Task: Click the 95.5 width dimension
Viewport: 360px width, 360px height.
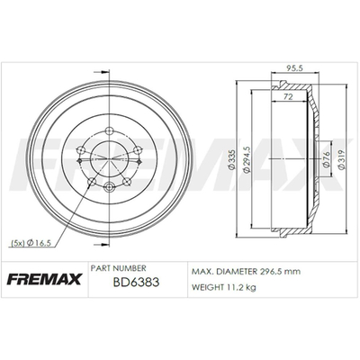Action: (295, 68)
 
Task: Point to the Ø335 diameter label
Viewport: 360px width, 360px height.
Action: (230, 159)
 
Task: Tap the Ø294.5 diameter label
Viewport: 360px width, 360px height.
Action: (247, 160)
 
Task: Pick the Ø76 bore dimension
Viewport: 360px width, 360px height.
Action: (327, 158)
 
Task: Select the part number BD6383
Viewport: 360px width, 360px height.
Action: (136, 283)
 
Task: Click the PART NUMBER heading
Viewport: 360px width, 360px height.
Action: (118, 268)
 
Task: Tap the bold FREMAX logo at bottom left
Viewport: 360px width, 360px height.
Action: (44, 279)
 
